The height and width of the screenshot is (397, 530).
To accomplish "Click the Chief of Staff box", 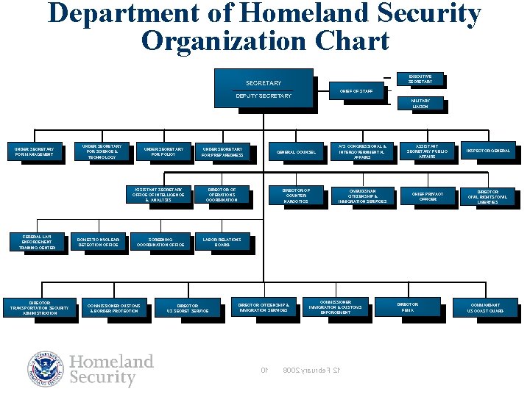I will [x=356, y=91].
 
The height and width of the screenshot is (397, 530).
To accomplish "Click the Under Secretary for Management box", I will [x=35, y=152].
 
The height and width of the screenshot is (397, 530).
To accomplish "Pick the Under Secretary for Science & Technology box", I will [x=102, y=152].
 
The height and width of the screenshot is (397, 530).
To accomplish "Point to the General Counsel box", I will [x=296, y=152].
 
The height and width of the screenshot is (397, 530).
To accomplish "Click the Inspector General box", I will [x=487, y=151].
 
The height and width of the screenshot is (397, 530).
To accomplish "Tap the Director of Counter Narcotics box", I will [x=296, y=196].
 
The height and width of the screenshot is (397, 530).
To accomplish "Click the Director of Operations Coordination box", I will [x=222, y=195].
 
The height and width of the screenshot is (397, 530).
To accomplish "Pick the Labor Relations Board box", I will [x=222, y=242].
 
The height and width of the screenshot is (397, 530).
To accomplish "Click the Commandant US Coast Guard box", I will [x=486, y=307].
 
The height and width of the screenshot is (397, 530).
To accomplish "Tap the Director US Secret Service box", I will [x=187, y=308].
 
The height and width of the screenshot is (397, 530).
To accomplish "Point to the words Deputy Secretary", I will [x=263, y=96].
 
